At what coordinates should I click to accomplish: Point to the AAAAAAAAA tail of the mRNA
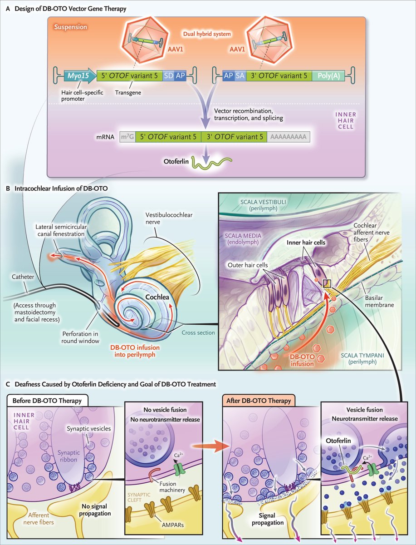coord(289,136)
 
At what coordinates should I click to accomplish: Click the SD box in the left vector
coord(168,76)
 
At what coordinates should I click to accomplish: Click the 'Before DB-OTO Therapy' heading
coord(44,401)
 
